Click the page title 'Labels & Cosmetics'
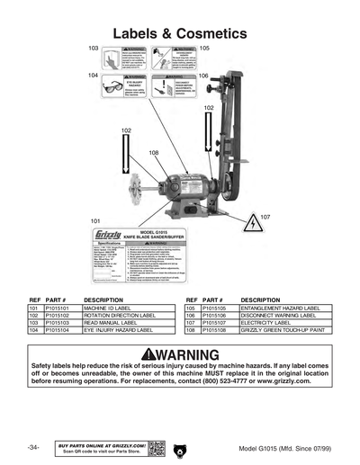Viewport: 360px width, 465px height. point(179,33)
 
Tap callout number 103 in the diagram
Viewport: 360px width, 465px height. point(94,48)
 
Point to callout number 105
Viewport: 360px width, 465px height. point(204,48)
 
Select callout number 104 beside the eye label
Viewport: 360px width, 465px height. point(94,76)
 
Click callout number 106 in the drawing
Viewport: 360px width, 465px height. point(203,76)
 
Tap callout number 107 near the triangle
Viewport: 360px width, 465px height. point(265,217)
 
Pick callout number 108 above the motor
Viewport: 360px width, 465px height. point(154,153)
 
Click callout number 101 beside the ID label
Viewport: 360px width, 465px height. point(95,220)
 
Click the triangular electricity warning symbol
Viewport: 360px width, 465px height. point(255,226)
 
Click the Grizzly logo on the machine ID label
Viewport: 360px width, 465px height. point(104,235)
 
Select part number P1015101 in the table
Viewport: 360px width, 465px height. point(58,307)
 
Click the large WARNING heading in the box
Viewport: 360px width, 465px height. point(181,354)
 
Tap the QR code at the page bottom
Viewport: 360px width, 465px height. point(155,447)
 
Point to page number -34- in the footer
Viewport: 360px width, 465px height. point(33,448)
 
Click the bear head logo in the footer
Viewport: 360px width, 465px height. point(180,447)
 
